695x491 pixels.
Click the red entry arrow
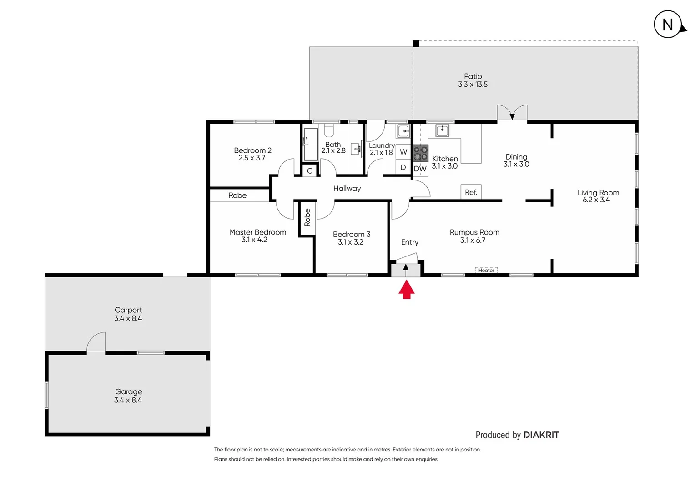click(x=406, y=290)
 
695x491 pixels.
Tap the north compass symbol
click(x=668, y=25)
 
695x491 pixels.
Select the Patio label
click(x=473, y=76)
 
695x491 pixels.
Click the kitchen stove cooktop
click(x=420, y=153)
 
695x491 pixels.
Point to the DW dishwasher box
click(x=420, y=169)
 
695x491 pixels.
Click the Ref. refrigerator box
click(x=471, y=192)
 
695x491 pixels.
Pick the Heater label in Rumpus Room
click(x=486, y=270)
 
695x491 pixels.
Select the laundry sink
click(x=403, y=131)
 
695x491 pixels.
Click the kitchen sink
click(x=442, y=131)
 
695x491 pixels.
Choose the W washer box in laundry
click(x=403, y=152)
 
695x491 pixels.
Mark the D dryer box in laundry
click(x=403, y=167)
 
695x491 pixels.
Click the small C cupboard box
click(x=310, y=171)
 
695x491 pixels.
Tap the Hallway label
click(x=347, y=189)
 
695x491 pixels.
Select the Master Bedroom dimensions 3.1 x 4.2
click(x=254, y=240)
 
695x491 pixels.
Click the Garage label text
click(x=128, y=391)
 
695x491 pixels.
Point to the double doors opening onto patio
click(x=512, y=113)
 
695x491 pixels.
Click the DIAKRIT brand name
click(x=541, y=435)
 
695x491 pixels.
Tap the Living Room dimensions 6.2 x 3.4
click(x=596, y=200)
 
